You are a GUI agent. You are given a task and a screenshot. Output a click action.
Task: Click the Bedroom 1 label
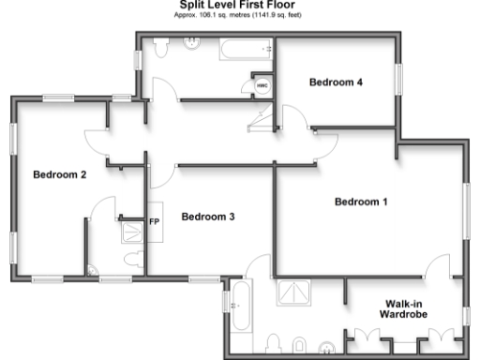pos(360,202)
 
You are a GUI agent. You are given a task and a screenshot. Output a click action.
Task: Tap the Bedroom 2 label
pos(60,174)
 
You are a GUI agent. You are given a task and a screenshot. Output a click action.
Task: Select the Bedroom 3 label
pos(207,217)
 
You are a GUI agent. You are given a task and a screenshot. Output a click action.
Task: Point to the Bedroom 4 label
pos(336,82)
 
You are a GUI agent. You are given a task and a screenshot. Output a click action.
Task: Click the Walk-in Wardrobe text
pos(404,308)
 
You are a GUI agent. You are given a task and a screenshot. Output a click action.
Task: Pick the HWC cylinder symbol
pos(261,86)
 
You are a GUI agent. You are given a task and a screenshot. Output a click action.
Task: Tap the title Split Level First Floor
pos(239,5)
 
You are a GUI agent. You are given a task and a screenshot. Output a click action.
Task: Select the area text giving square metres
pos(239,15)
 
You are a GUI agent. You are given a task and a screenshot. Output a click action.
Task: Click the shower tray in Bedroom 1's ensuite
pos(297,294)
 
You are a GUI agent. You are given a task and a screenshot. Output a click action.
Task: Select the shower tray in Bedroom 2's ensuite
pos(131,232)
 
